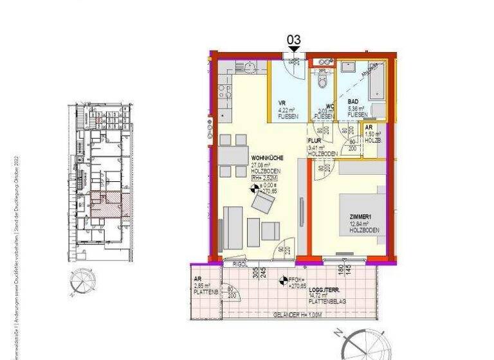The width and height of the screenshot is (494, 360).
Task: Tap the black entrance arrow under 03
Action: tap(294, 49)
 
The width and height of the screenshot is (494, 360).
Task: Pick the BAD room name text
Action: tap(353, 102)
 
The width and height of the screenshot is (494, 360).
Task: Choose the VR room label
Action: tap(282, 103)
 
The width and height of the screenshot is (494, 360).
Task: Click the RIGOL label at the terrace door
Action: tap(232, 264)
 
